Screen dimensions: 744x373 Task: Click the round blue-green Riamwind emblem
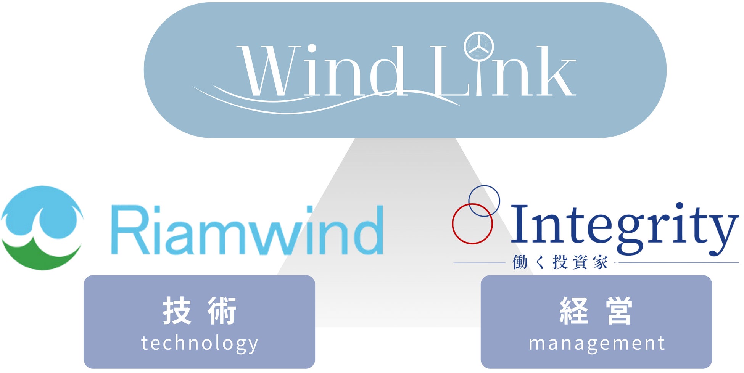[x=42, y=228]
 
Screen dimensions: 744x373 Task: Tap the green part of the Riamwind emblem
[x=42, y=256]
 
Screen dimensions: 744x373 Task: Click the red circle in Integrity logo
[x=472, y=224]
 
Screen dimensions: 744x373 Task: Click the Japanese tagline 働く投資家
[x=560, y=263]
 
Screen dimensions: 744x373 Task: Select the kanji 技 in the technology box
[x=177, y=311]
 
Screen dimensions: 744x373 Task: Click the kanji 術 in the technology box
[x=222, y=311]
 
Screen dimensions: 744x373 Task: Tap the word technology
[x=200, y=343]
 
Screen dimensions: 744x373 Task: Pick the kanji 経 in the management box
[x=574, y=311]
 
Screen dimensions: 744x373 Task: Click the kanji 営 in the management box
[x=619, y=311]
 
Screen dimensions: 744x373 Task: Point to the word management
[x=597, y=343]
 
